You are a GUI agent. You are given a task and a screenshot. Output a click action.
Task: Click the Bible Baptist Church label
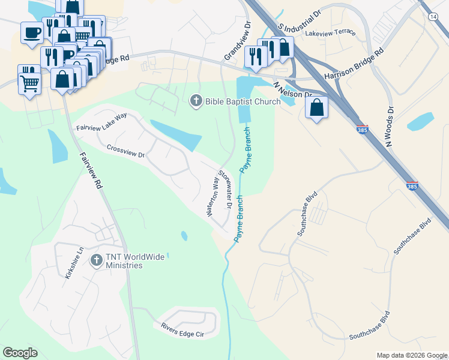243,101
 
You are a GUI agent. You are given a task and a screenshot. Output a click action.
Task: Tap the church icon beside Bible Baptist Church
196,101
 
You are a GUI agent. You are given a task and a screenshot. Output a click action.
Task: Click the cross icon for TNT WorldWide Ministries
96,260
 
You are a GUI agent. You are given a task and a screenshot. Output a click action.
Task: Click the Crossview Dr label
126,151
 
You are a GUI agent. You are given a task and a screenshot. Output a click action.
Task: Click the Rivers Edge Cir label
183,329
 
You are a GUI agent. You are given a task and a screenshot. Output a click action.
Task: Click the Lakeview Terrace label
330,34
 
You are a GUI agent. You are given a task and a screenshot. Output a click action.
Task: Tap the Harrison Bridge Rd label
354,65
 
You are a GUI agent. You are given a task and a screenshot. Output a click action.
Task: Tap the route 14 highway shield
433,17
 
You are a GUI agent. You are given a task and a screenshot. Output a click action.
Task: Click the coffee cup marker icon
32,32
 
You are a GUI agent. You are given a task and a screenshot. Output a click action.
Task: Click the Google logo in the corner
20,353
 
